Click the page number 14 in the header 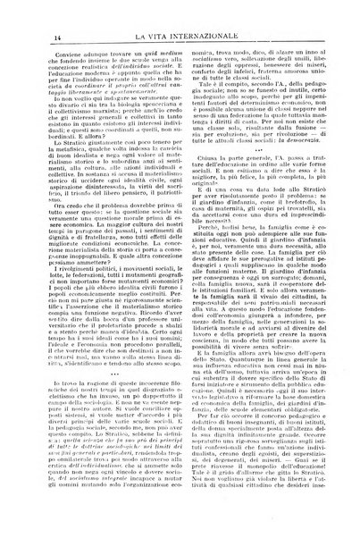33,12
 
